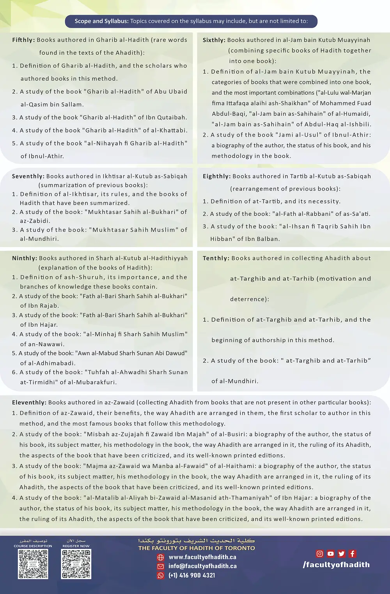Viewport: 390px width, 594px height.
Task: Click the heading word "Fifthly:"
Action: pyautogui.click(x=23, y=40)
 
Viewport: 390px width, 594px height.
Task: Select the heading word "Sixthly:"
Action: pyautogui.click(x=214, y=40)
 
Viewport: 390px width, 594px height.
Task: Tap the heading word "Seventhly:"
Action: pyautogui.click(x=28, y=176)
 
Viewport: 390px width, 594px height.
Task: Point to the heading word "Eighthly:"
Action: pyautogui.click(x=216, y=176)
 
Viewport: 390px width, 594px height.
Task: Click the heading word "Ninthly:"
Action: pyautogui.click(x=25, y=258)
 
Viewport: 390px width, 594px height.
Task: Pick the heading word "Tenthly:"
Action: pyautogui.click(x=216, y=258)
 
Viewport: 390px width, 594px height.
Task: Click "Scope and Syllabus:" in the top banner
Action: pyautogui.click(x=101, y=21)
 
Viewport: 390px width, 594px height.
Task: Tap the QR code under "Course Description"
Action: pyautogui.click(x=33, y=564)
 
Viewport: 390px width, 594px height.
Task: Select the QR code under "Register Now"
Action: pyautogui.click(x=76, y=564)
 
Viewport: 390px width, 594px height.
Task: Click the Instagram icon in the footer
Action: pyautogui.click(x=320, y=553)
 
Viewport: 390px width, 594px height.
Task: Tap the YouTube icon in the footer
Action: pyautogui.click(x=331, y=553)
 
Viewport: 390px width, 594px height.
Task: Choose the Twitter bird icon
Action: pyautogui.click(x=342, y=553)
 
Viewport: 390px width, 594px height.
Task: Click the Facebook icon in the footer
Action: pyautogui.click(x=353, y=553)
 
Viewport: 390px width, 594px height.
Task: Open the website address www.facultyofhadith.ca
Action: pyautogui.click(x=202, y=557)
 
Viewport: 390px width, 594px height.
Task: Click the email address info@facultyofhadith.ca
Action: pyautogui.click(x=202, y=566)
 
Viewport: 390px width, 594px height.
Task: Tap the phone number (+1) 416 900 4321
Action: pyautogui.click(x=191, y=575)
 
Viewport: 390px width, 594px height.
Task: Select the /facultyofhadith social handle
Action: pyautogui.click(x=336, y=564)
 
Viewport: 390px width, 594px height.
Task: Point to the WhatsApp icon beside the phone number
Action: pyautogui.click(x=161, y=575)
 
